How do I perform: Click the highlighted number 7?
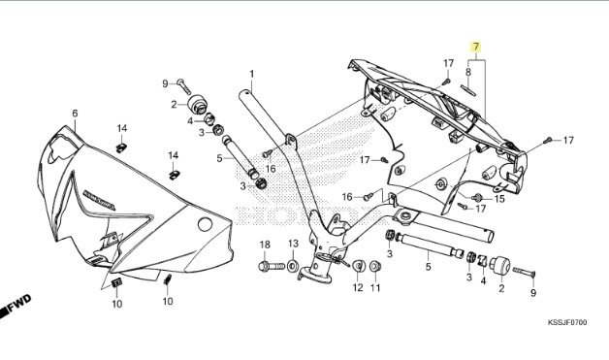pos(476,47)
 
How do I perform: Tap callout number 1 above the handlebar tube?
pos(252,74)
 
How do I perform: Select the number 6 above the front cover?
pos(75,114)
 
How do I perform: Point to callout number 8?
pos(468,72)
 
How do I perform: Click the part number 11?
pos(375,287)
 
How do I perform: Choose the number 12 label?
pos(358,287)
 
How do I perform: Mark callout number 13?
pos(293,244)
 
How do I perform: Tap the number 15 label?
pos(499,199)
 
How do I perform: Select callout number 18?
pos(265,245)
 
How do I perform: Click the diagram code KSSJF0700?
pos(567,323)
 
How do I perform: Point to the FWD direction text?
pos(19,302)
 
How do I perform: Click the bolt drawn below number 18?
pos(272,267)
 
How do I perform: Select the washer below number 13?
pos(293,266)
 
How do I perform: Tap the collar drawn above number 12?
pos(359,266)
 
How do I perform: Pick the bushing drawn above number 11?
pos(374,266)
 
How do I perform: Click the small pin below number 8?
pos(468,90)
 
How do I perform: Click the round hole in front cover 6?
pos(205,224)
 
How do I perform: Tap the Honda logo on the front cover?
pos(99,200)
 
